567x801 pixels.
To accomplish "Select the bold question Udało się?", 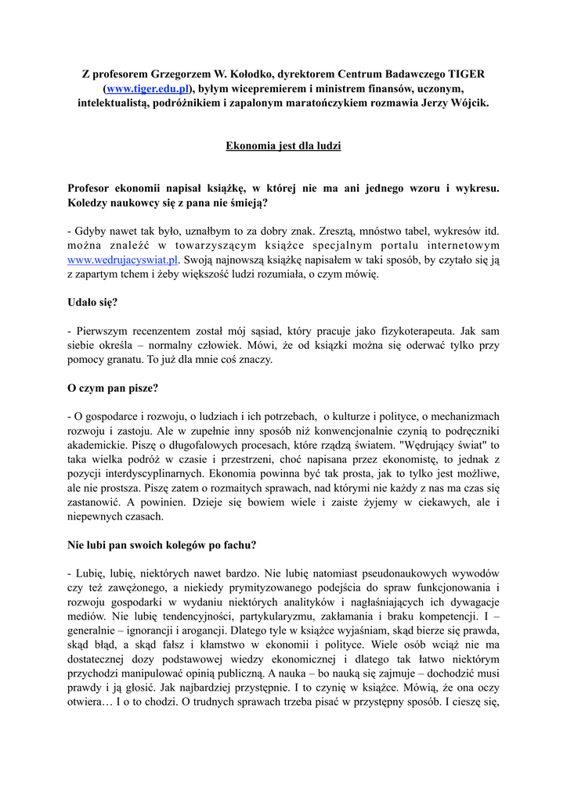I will [x=93, y=302].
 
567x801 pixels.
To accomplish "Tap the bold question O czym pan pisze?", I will [x=114, y=388].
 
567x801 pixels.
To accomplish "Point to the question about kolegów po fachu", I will [x=162, y=545].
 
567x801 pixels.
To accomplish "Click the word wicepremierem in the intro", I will [x=262, y=88].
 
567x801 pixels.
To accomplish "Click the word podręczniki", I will [x=464, y=431].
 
